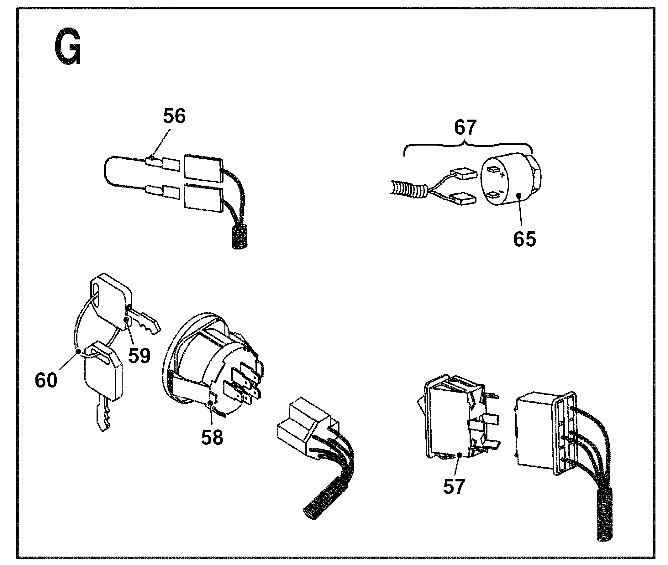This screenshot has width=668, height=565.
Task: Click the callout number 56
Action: click(174, 116)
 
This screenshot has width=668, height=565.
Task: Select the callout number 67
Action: click(465, 127)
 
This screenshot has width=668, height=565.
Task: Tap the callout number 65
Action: click(524, 239)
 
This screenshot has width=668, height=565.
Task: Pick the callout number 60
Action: click(46, 380)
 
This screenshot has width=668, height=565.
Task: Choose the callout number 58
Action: click(212, 437)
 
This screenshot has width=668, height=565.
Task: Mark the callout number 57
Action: click(454, 486)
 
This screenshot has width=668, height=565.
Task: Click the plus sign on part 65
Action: click(502, 175)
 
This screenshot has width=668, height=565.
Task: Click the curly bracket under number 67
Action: click(468, 146)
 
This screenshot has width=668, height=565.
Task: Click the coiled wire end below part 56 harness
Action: click(239, 237)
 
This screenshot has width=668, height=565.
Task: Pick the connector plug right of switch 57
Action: click(542, 432)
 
